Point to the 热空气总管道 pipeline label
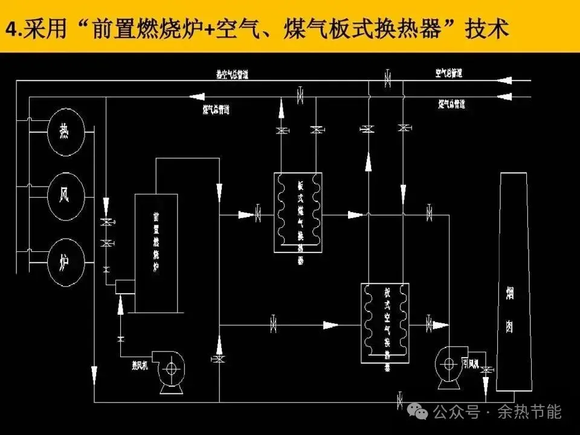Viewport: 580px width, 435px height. click(233, 75)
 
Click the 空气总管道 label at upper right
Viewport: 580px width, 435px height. click(449, 73)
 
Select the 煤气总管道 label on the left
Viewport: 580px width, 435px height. click(216, 109)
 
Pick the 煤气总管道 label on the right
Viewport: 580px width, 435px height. click(452, 104)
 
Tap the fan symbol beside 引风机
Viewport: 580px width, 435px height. click(448, 363)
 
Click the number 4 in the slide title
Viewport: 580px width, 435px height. click(10, 29)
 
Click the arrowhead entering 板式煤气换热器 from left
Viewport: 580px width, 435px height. click(246, 214)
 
